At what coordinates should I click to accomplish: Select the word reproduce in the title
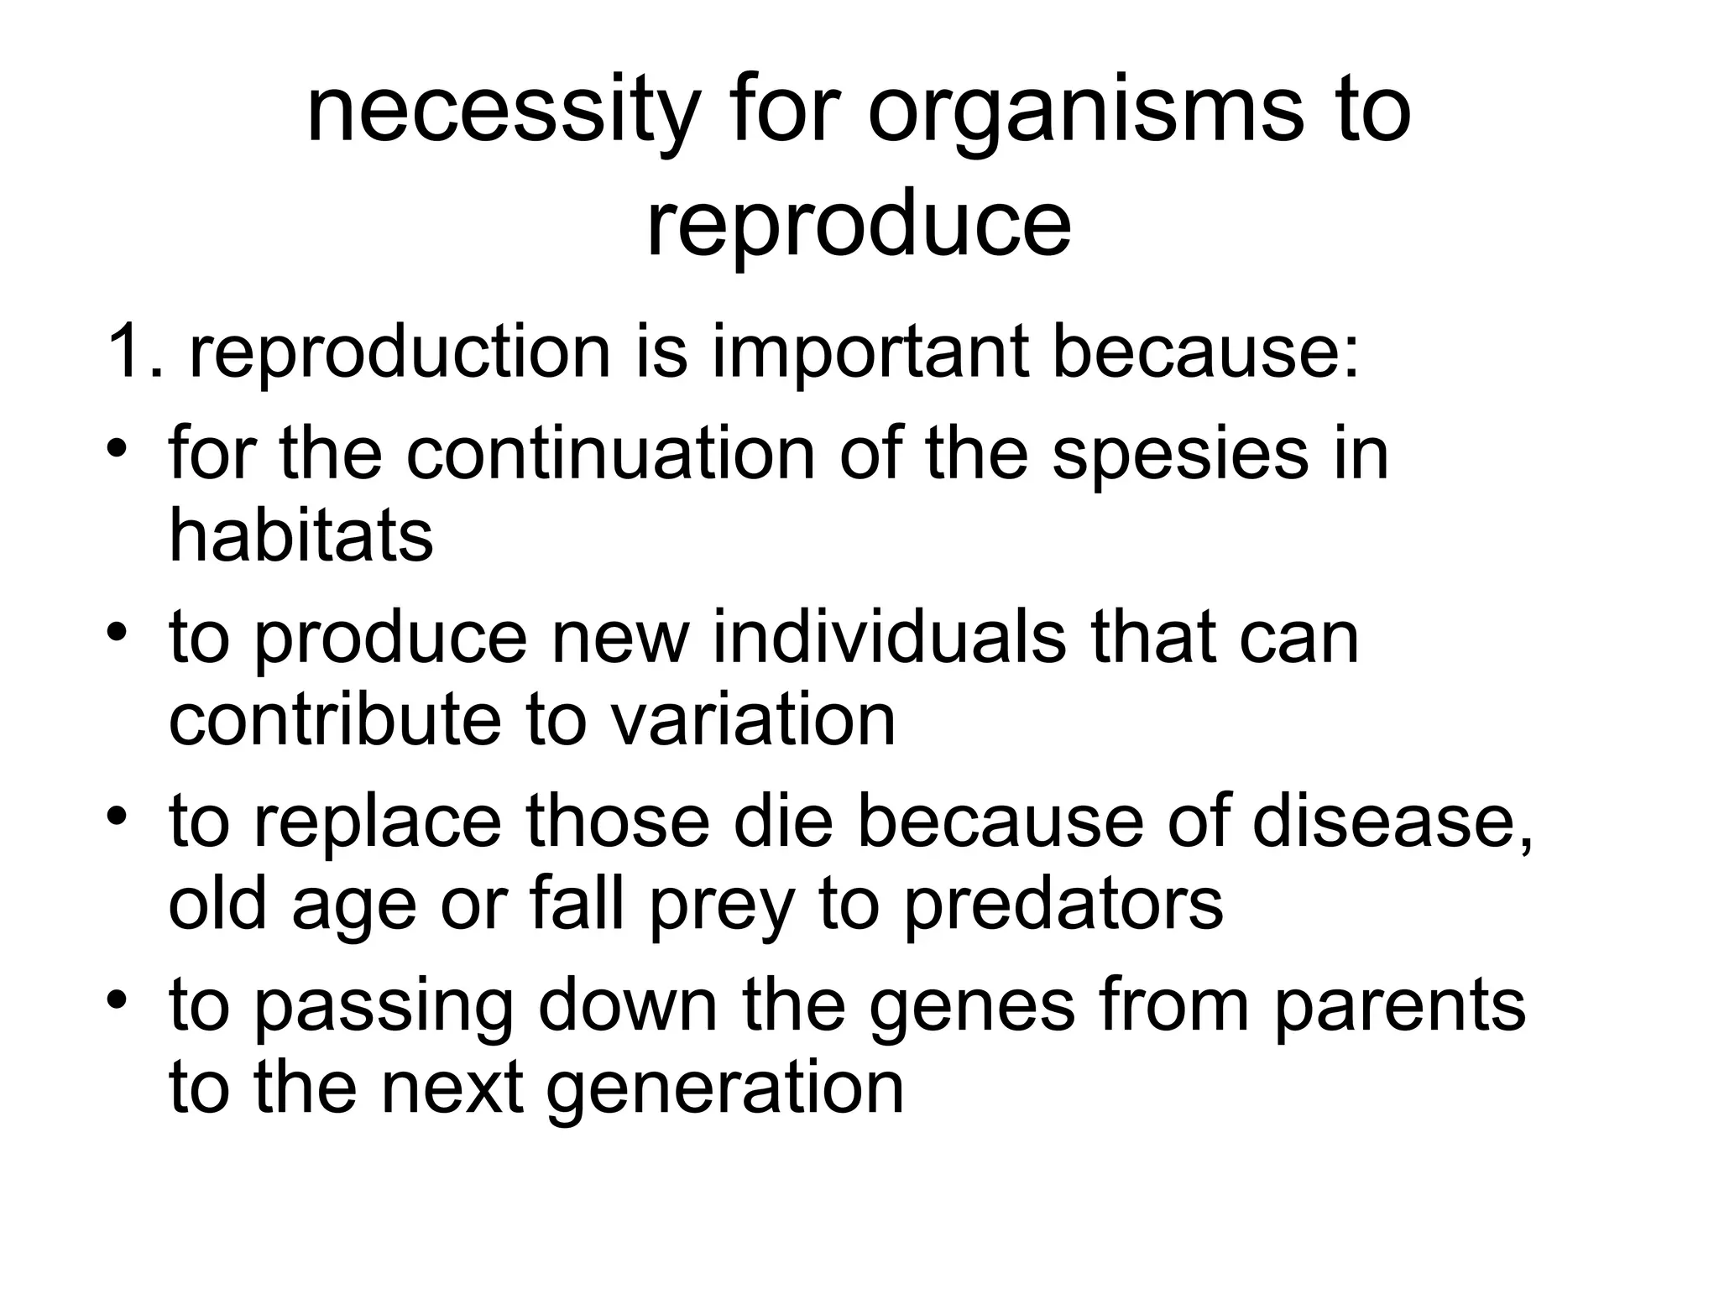coord(858,227)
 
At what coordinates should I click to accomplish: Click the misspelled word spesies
coord(1179,453)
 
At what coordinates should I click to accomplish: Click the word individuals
coord(890,638)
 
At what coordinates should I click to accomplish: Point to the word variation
coord(752,720)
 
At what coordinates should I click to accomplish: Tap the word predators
coord(1063,905)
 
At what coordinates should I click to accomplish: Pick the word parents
coord(1398,1005)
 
